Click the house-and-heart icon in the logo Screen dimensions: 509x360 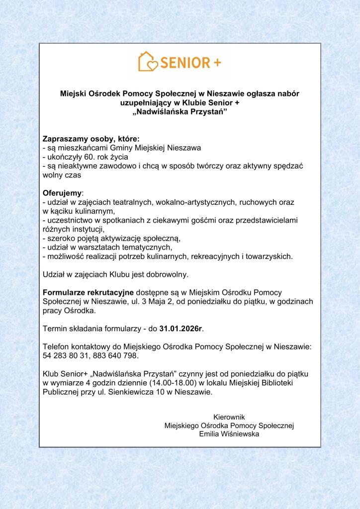tap(148, 62)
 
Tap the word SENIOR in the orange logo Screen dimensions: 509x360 tap(184, 63)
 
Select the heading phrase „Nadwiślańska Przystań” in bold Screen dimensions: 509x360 tap(180, 112)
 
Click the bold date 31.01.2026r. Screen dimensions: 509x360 tap(181, 329)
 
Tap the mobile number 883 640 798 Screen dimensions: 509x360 tap(118, 356)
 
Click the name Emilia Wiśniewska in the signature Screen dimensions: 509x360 tap(229, 434)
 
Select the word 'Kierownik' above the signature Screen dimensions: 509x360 tap(229, 417)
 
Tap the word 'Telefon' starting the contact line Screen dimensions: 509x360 tap(57, 347)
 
